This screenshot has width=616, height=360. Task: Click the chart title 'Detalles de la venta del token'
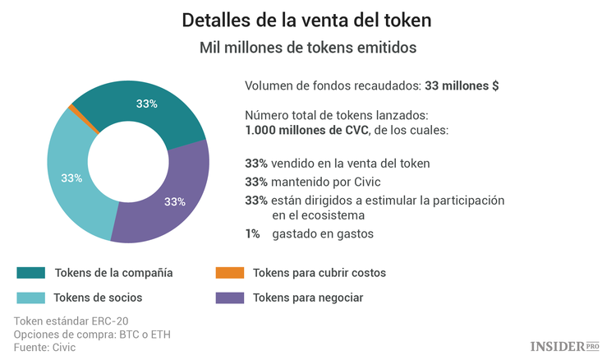pos(308,19)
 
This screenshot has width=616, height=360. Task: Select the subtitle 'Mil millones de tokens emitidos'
pos(308,48)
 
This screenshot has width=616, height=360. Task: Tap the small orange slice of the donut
pos(74,108)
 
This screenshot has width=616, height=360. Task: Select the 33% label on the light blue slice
pos(71,178)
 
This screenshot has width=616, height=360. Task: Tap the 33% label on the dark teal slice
pos(147,104)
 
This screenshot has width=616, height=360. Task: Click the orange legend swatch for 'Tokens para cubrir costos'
pos(228,273)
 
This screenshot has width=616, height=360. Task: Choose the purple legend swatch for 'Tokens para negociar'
pos(228,298)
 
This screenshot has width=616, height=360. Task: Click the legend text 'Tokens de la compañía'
pos(113,273)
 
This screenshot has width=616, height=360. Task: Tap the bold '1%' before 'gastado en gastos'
pos(252,234)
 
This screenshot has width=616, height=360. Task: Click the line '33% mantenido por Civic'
pos(313,182)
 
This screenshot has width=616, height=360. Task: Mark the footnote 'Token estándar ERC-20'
pos(71,321)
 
